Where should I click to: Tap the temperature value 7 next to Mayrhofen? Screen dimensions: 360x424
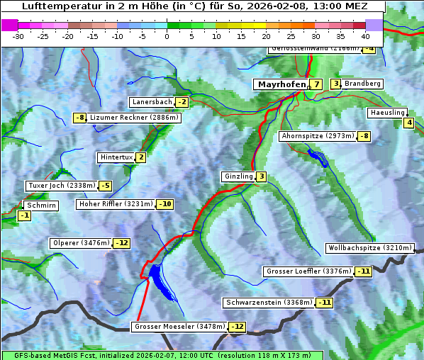pos(316,84)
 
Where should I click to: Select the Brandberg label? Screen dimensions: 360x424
pos(362,84)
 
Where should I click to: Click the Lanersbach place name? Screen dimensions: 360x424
pos(152,102)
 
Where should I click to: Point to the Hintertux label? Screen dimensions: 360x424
pos(116,157)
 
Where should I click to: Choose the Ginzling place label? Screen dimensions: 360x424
pos(238,176)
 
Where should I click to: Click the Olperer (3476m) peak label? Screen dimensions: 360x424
pos(81,243)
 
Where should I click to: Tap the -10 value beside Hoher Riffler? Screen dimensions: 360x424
pos(164,204)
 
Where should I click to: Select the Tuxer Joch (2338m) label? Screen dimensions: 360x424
pos(61,186)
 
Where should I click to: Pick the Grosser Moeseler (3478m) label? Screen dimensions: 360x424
pos(179,327)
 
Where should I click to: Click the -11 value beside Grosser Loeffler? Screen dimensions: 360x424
pos(363,271)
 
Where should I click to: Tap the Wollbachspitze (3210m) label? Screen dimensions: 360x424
pos(369,248)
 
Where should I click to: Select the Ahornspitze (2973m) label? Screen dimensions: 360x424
pos(318,135)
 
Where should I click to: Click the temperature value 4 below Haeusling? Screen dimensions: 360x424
pos(408,123)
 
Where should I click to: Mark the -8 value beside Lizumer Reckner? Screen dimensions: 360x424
pos(79,118)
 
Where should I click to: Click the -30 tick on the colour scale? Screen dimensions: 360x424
pos(18,36)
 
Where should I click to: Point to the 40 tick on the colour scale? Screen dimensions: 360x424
pos(365,36)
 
